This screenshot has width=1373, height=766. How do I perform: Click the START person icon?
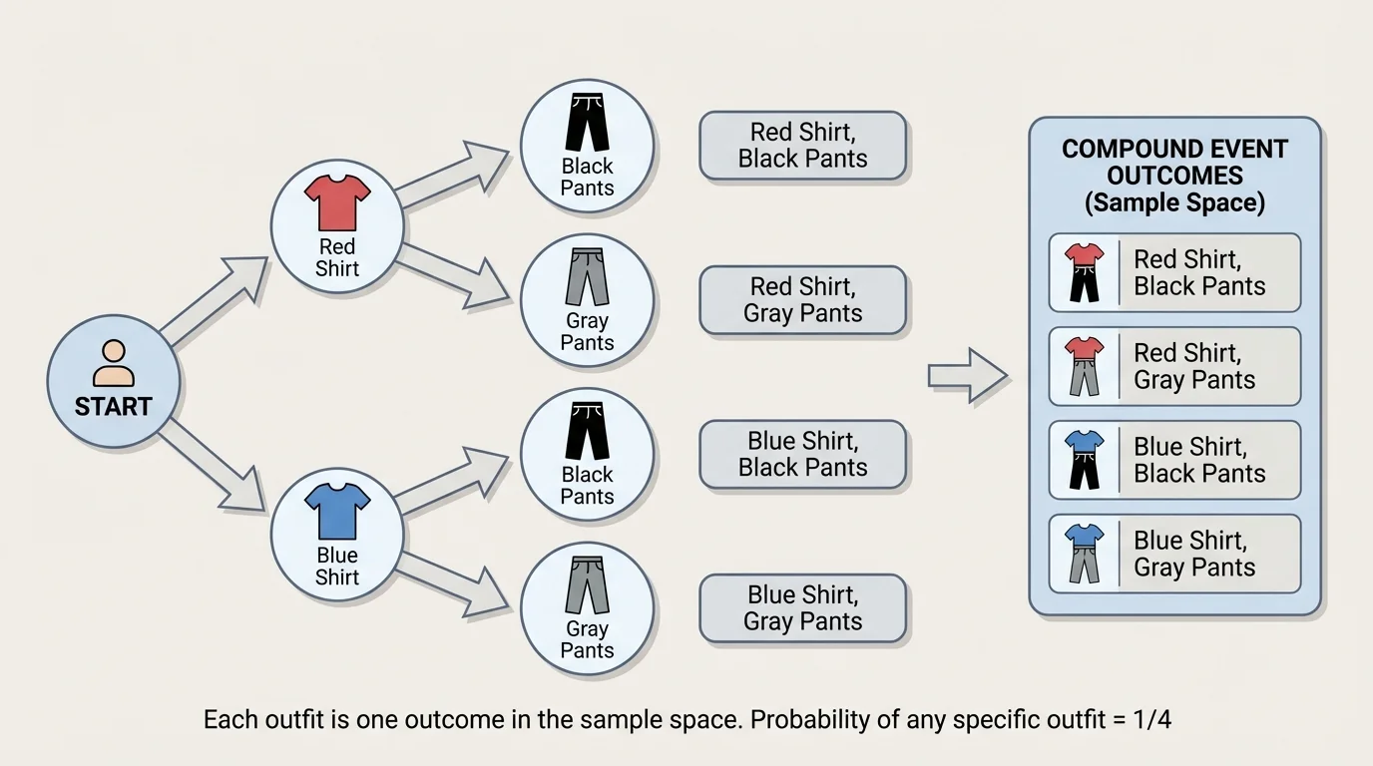[x=113, y=363]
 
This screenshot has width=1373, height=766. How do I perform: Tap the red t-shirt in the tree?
[x=337, y=202]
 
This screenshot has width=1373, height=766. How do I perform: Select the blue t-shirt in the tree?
[x=337, y=511]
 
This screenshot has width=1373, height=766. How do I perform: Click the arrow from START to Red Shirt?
[x=215, y=298]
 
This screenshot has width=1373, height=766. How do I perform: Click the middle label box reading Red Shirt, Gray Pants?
[x=802, y=300]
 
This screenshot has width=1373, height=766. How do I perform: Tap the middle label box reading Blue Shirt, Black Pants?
[x=802, y=455]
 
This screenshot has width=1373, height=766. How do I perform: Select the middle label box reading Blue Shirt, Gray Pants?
[x=802, y=608]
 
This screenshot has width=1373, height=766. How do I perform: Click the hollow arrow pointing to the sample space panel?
[x=967, y=375]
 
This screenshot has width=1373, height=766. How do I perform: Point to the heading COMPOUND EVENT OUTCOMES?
[x=1174, y=163]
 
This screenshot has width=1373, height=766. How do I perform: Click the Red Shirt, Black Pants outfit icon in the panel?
[x=1083, y=272]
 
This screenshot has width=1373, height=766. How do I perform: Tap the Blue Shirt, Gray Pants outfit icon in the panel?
[x=1083, y=554]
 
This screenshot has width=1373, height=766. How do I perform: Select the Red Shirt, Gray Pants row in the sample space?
[x=1174, y=366]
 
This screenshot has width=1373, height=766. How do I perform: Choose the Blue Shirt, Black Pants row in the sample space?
[x=1174, y=460]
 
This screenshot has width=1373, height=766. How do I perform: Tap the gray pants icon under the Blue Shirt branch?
[x=587, y=585]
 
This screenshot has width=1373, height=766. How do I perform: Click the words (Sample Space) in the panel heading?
[x=1174, y=203]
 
